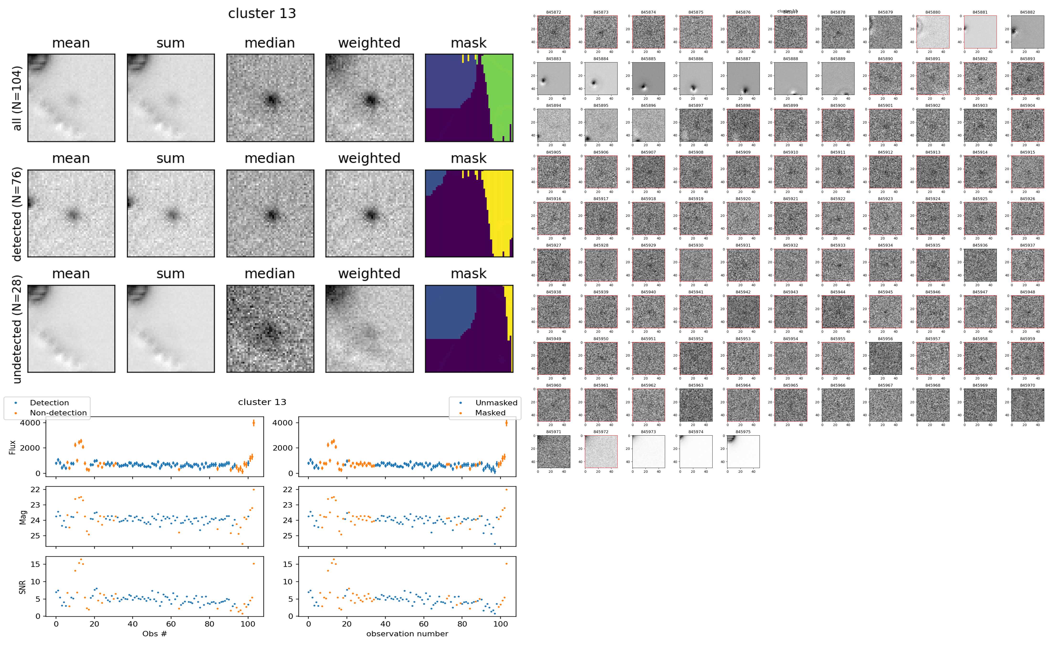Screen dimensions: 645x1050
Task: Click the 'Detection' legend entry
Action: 49,403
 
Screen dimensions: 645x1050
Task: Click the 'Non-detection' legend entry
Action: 58,412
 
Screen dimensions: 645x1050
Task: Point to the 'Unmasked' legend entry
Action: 496,403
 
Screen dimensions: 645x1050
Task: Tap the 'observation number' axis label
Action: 407,634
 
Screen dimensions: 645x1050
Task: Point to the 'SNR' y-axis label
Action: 22,587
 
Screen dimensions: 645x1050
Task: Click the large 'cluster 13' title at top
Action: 262,14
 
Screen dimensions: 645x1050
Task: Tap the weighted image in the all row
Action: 369,98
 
